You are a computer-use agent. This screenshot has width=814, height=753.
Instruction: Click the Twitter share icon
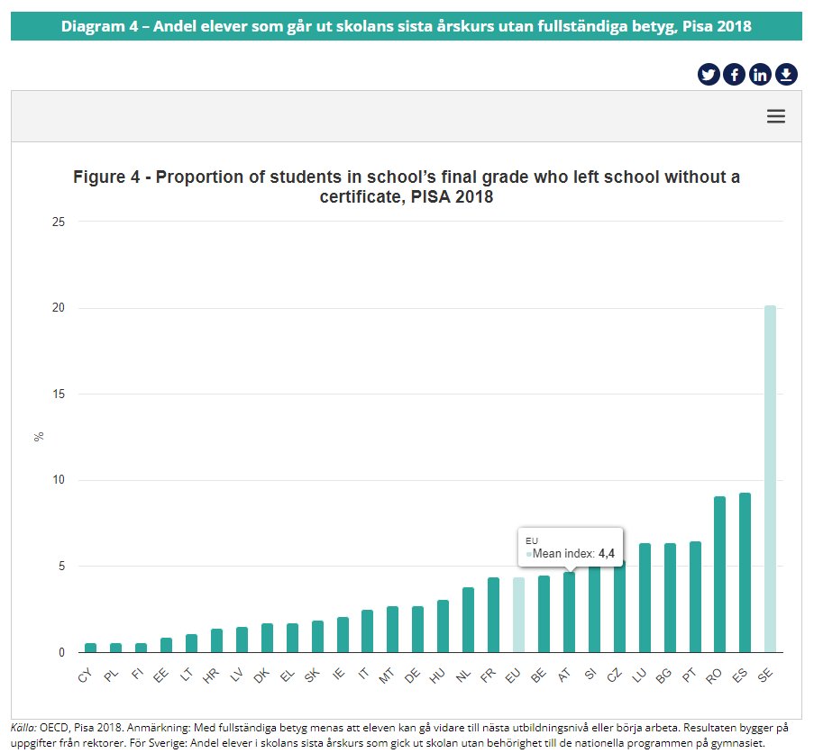pyautogui.click(x=709, y=75)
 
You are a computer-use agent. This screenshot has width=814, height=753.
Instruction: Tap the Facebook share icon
pyautogui.click(x=734, y=75)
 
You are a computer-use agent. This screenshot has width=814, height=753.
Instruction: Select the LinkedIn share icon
pyautogui.click(x=760, y=75)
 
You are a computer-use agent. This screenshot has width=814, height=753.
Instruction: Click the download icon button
pyautogui.click(x=786, y=75)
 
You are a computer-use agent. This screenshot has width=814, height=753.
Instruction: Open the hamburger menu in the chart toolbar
pyautogui.click(x=776, y=116)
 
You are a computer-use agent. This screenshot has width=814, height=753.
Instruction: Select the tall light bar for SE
pyautogui.click(x=770, y=478)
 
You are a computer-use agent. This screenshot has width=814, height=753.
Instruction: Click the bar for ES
pyautogui.click(x=745, y=572)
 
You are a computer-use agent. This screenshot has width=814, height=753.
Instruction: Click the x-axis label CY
pyautogui.click(x=87, y=675)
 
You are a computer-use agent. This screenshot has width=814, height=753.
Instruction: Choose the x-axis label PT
pyautogui.click(x=691, y=675)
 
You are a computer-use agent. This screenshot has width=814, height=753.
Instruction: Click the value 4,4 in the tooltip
pyautogui.click(x=606, y=554)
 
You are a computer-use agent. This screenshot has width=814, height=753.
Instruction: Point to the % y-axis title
pyautogui.click(x=39, y=437)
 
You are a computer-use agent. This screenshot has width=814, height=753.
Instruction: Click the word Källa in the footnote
pyautogui.click(x=23, y=726)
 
